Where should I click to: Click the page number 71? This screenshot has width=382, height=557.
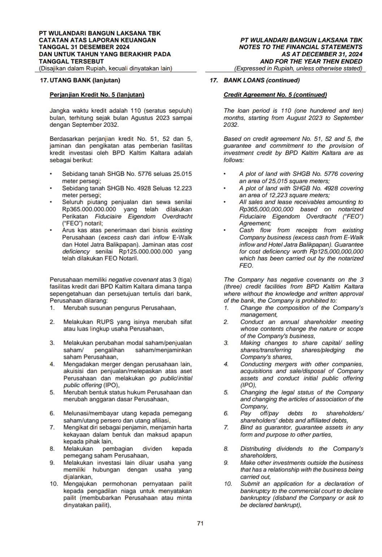[x=200, y=523]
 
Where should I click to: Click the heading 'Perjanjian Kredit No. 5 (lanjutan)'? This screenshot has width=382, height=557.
[x=97, y=95]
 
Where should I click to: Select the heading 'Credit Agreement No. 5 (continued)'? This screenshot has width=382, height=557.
[x=275, y=95]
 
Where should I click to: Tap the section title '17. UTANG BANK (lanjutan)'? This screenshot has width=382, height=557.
[x=80, y=80]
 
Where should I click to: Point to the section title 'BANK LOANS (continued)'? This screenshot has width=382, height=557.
[x=261, y=80]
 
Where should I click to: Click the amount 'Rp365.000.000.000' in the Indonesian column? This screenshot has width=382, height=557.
[x=89, y=209]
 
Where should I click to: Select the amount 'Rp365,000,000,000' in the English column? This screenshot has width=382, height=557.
[x=266, y=209]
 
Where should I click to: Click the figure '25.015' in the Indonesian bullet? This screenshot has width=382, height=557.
[x=182, y=174]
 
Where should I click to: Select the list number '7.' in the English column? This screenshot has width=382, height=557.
[x=226, y=427]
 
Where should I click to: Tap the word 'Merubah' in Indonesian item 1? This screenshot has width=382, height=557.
[x=74, y=308]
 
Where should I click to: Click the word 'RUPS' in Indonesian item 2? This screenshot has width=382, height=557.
[x=105, y=322]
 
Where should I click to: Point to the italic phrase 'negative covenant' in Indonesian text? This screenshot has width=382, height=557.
[x=133, y=280]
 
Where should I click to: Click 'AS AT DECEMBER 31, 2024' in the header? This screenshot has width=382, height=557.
[x=322, y=54]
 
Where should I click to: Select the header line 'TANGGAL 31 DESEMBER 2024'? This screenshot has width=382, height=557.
[x=84, y=47]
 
